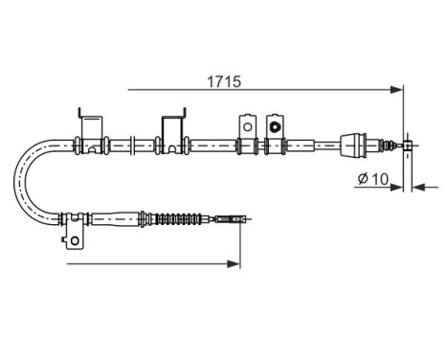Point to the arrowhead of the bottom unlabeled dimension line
coord(235,260)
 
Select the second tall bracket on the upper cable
coord(173,128)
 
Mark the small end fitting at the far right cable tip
coord(408,146)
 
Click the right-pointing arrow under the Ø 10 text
coord(397,188)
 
